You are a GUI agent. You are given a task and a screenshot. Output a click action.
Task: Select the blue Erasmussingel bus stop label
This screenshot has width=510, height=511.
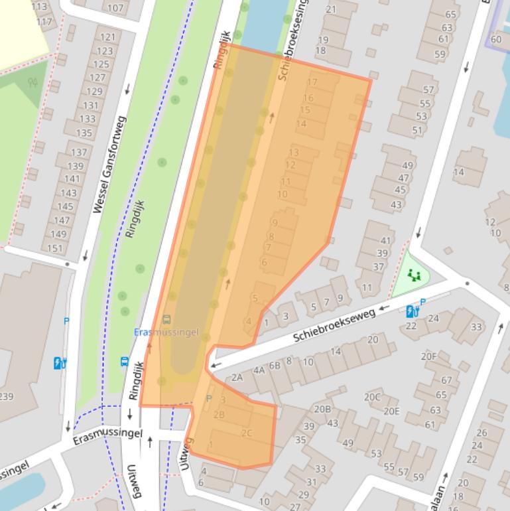click(x=166, y=332)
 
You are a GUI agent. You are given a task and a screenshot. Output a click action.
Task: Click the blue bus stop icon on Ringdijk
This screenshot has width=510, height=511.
click(x=125, y=362)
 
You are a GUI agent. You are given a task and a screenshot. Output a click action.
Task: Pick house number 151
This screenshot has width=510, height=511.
click(x=55, y=249)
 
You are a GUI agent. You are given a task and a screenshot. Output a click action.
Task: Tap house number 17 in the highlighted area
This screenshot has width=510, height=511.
click(x=312, y=83)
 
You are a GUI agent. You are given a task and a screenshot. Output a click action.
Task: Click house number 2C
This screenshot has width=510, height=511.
click(x=247, y=433)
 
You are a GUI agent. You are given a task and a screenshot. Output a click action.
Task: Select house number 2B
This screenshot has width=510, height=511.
click(x=220, y=415)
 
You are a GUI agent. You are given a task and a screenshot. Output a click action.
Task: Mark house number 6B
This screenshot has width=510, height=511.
click(x=275, y=365)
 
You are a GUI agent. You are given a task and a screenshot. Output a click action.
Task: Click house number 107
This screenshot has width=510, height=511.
click(x=115, y=8)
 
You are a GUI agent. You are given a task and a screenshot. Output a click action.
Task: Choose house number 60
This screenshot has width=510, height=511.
click(x=496, y=38)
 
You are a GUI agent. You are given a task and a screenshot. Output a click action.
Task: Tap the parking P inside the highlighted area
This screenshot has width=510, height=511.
click(x=209, y=398)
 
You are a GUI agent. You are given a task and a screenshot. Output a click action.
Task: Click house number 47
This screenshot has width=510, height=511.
click(x=402, y=178)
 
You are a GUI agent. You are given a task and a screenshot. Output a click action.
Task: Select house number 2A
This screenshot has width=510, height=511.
click(x=237, y=378)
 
